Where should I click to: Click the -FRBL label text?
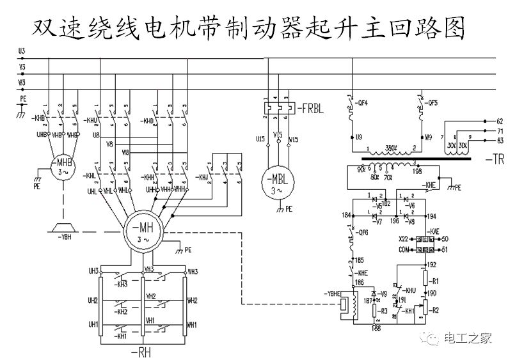(x=310, y=109)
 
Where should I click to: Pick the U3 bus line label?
(x=22, y=50)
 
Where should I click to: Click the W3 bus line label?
(x=22, y=82)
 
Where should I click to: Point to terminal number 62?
(x=500, y=120)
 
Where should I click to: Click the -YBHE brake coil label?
(x=332, y=295)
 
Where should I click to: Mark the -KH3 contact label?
(x=122, y=285)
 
